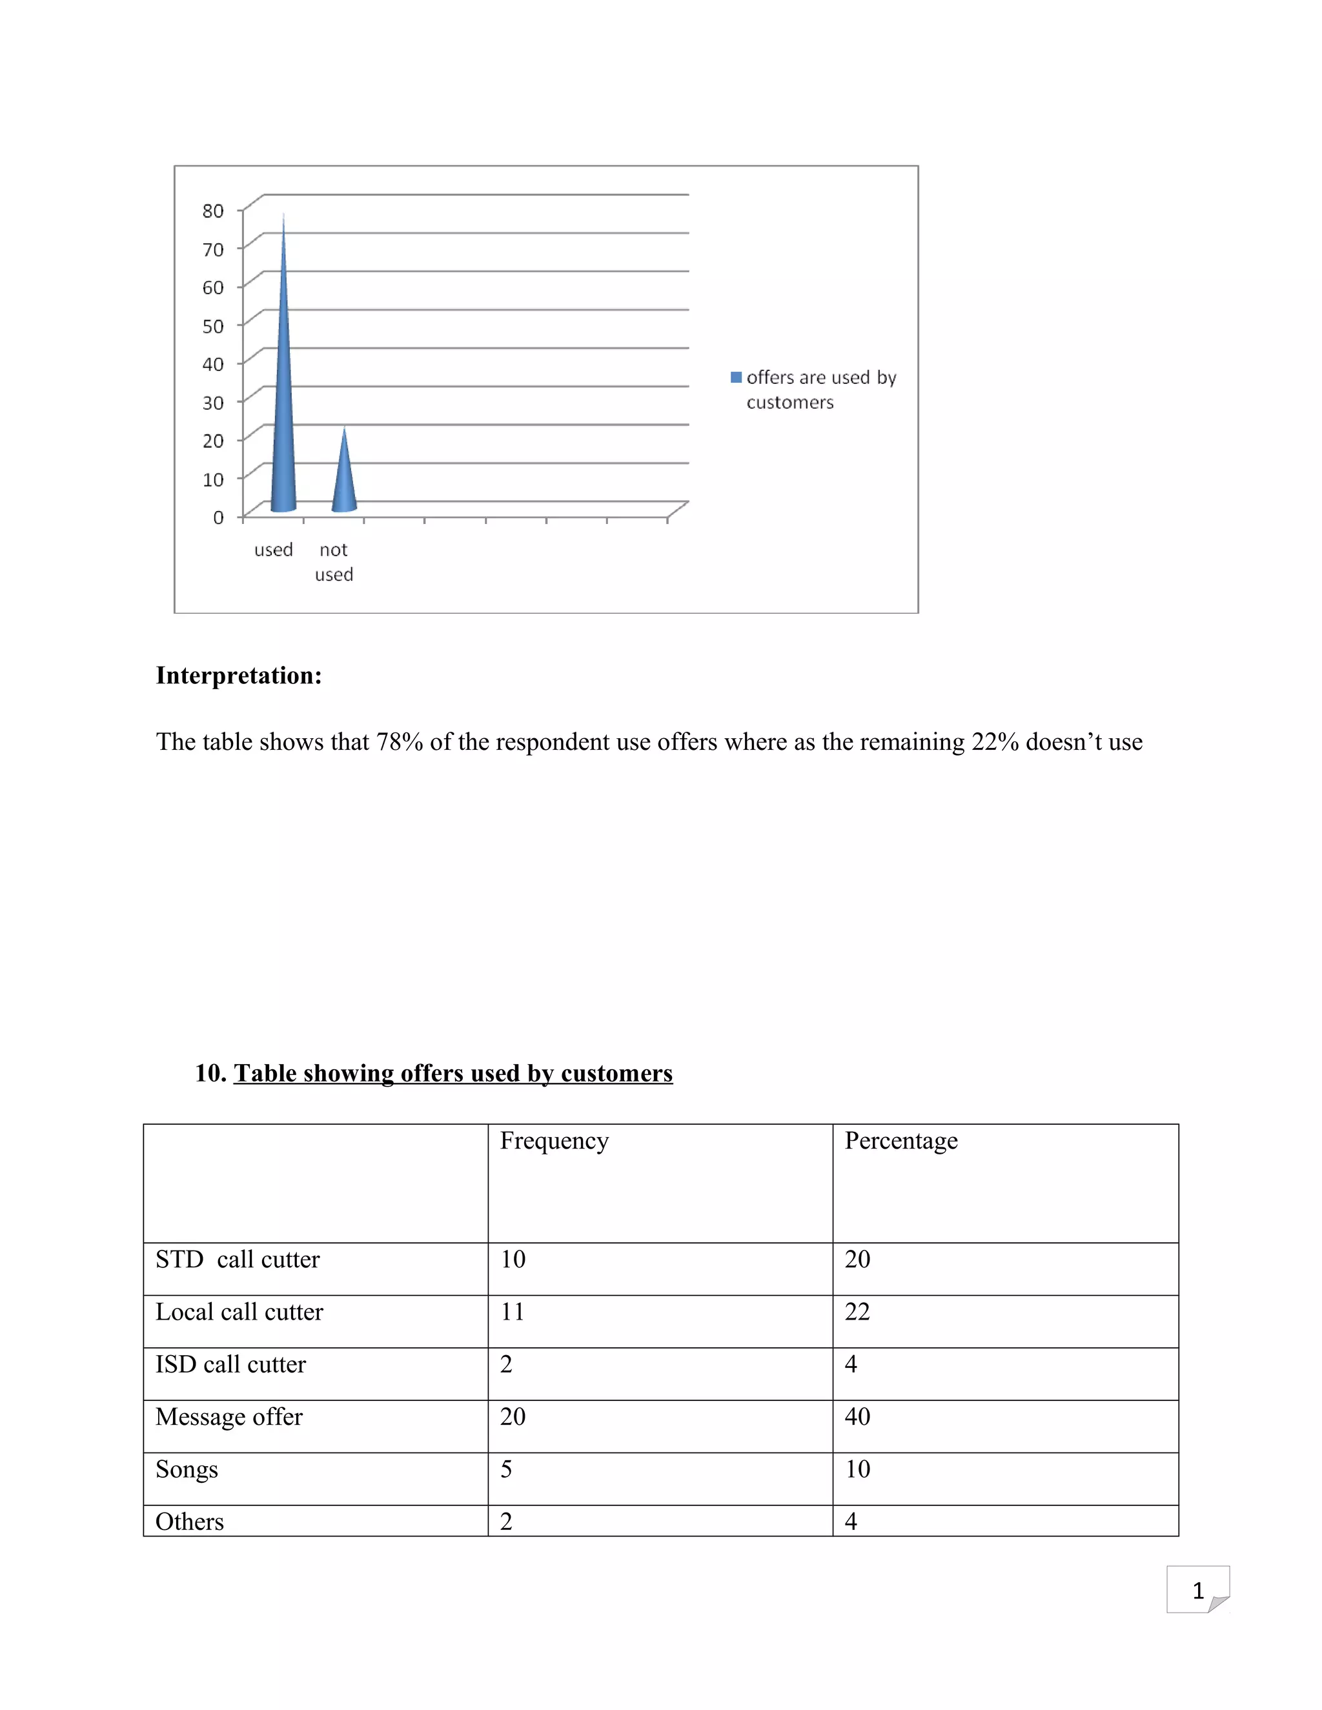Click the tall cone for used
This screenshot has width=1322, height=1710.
[x=283, y=407]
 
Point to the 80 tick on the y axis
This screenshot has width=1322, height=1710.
[x=212, y=210]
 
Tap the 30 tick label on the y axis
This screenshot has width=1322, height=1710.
[x=212, y=403]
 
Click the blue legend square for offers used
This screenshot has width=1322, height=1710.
[x=735, y=377]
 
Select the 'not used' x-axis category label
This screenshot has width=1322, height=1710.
[x=334, y=561]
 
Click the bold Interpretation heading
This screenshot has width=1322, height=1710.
[x=239, y=675]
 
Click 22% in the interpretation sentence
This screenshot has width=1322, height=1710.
[x=995, y=741]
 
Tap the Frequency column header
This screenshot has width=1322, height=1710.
[x=554, y=1141]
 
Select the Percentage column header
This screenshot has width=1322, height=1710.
[x=900, y=1141]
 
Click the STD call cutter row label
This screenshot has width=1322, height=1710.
[x=238, y=1259]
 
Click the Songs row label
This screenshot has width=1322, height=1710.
[x=187, y=1469]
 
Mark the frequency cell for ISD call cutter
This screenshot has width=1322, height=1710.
[x=506, y=1364]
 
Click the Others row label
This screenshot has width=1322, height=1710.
[x=190, y=1522]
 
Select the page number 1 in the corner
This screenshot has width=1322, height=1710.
[x=1197, y=1591]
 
